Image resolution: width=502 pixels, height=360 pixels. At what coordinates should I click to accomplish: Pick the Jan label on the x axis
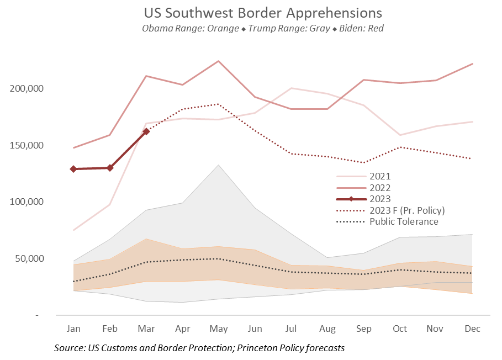[73, 329]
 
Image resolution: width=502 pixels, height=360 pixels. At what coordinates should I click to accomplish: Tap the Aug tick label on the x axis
[327, 329]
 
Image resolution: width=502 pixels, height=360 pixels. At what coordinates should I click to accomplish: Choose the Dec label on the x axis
[473, 329]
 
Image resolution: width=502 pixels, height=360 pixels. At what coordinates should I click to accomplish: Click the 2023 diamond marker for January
[73, 169]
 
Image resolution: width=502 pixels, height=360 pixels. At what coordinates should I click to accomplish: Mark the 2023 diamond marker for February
[110, 168]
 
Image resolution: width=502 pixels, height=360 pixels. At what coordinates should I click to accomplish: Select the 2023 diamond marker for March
[146, 131]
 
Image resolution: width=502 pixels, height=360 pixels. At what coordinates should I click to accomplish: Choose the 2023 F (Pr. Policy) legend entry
[406, 210]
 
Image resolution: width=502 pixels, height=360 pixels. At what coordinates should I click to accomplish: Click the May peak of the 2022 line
[218, 61]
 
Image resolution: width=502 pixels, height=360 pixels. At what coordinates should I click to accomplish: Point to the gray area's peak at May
[218, 165]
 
